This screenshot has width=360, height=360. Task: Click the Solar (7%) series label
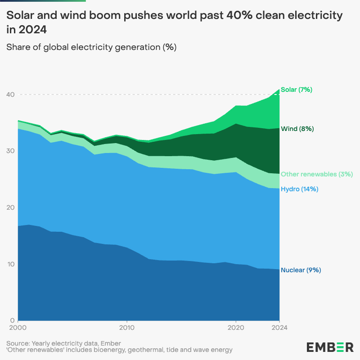click(x=296, y=90)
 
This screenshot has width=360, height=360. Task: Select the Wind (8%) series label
click(x=297, y=129)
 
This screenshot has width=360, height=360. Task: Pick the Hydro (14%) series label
click(x=299, y=189)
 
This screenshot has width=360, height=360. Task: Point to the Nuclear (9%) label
click(x=301, y=270)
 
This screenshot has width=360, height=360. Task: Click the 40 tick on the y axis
click(x=10, y=94)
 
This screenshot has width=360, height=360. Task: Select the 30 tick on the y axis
click(x=10, y=151)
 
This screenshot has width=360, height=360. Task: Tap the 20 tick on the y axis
click(x=10, y=207)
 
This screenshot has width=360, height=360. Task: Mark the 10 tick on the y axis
click(x=10, y=264)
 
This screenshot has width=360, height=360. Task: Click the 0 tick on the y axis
click(x=13, y=320)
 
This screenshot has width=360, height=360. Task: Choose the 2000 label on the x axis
click(x=18, y=328)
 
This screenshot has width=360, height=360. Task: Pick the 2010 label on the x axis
click(x=127, y=328)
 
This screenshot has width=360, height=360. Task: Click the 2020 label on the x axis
click(x=236, y=328)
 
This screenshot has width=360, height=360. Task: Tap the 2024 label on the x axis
click(x=279, y=328)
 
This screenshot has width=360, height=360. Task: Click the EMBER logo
click(x=330, y=347)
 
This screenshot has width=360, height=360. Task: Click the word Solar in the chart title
click(x=18, y=16)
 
